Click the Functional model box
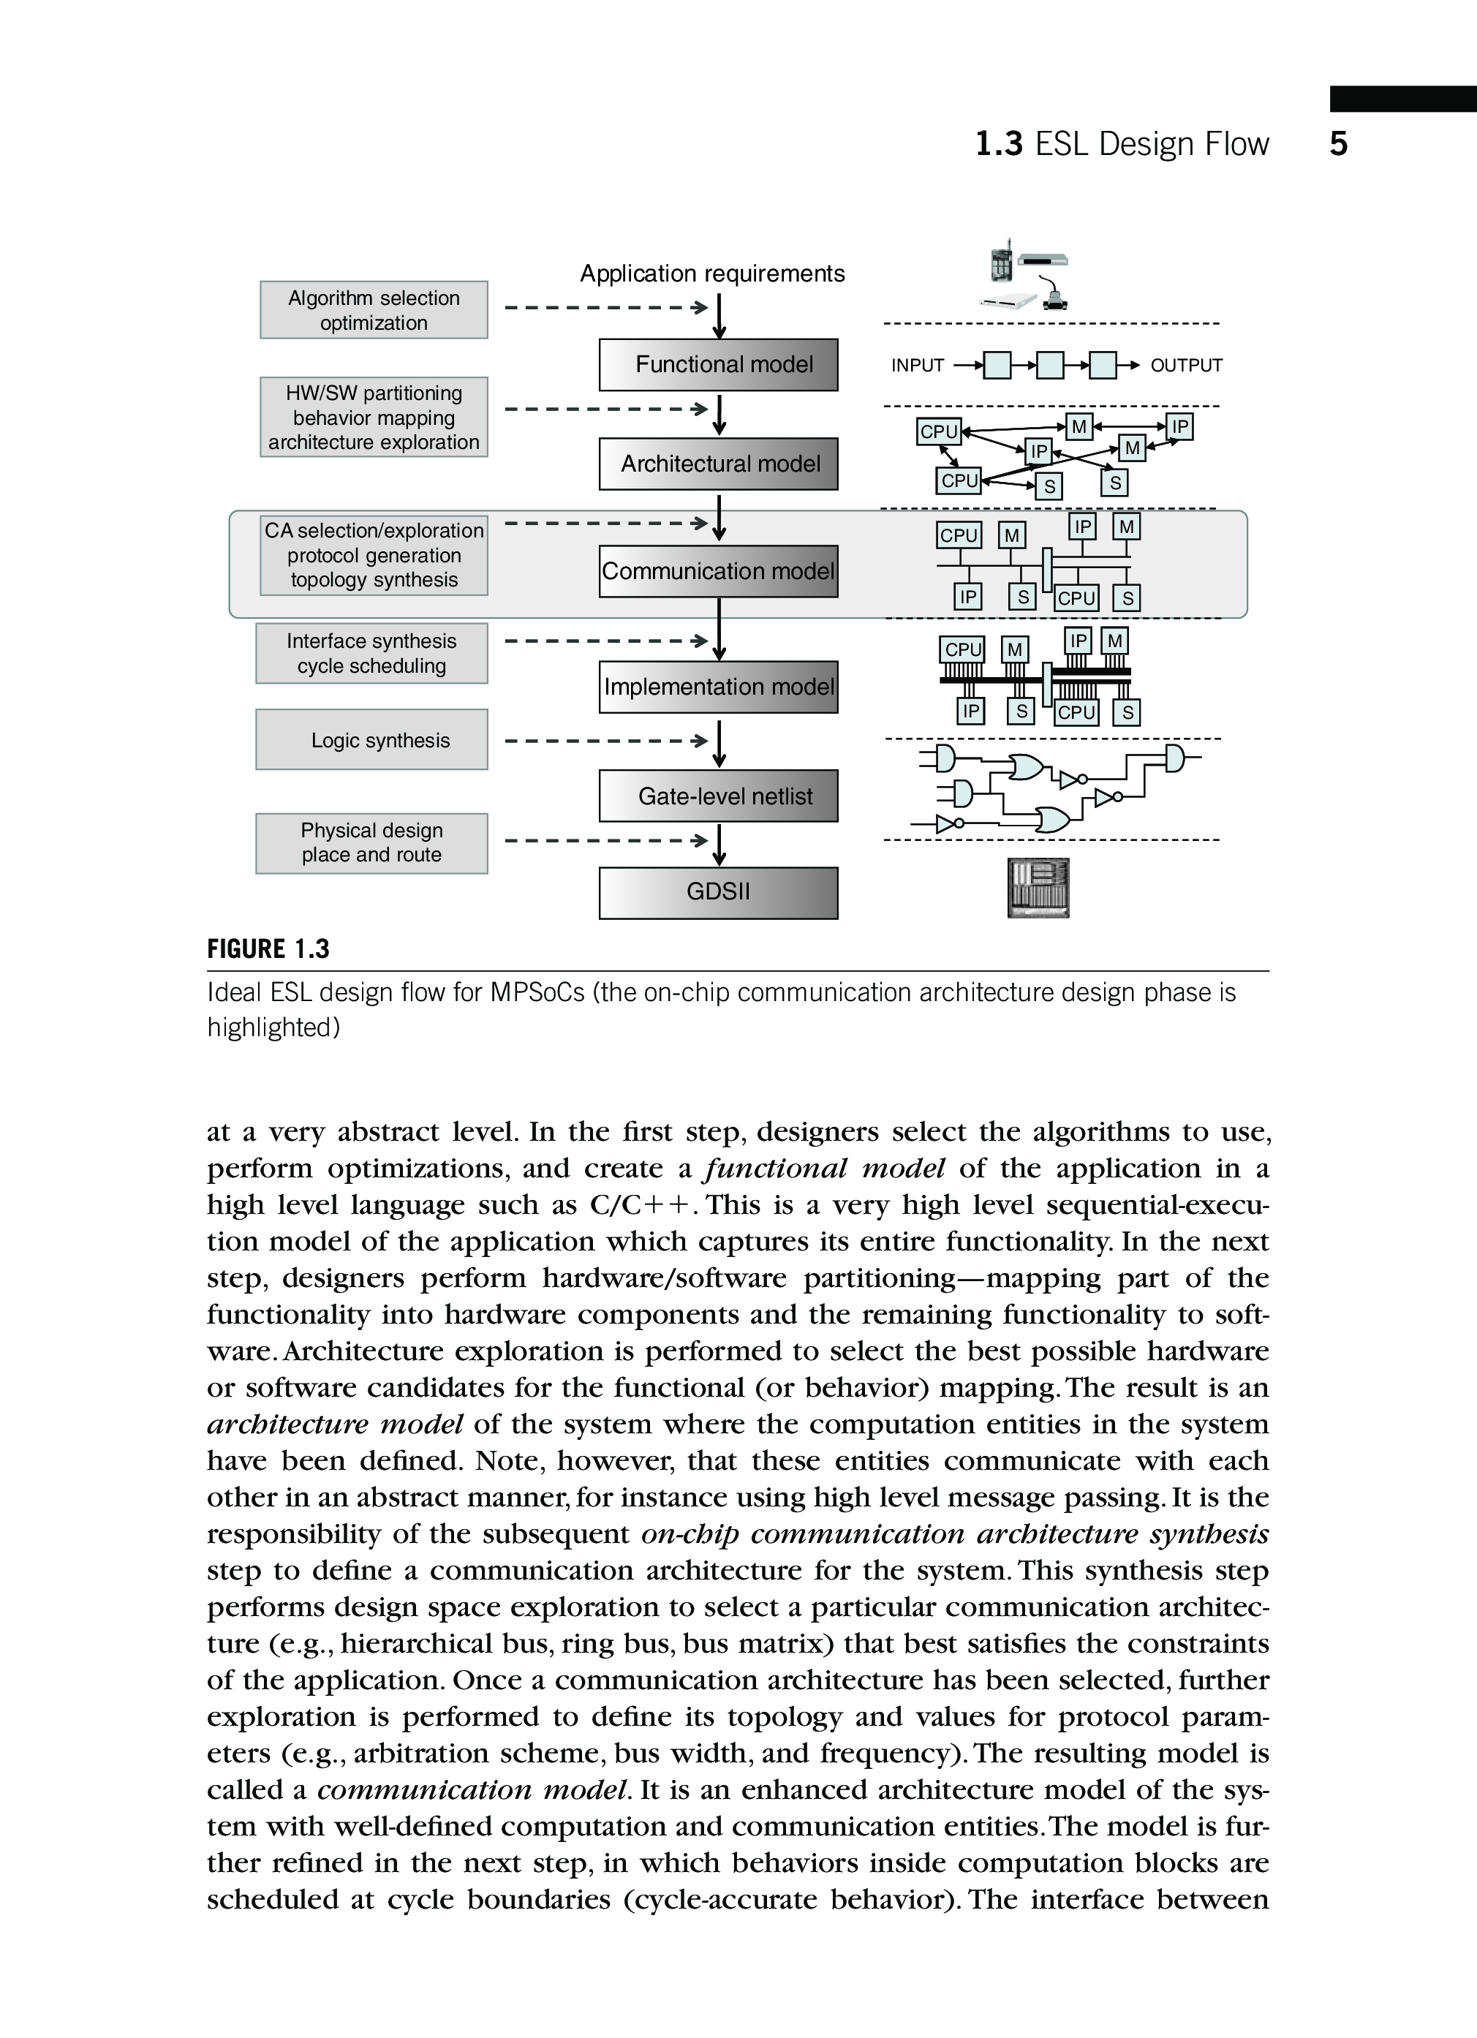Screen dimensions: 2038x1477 coord(718,365)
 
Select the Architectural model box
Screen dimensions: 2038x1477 coord(718,464)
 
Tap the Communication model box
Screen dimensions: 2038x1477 coord(718,572)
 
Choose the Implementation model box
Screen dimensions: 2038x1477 coord(718,687)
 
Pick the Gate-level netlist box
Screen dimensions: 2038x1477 coord(718,796)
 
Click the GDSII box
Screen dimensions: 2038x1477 coord(718,892)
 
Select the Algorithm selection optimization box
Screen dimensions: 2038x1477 coord(374,310)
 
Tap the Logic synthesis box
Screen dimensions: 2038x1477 coord(372,739)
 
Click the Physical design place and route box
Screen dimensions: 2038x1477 coord(372,843)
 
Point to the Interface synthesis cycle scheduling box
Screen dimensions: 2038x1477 coord(372,653)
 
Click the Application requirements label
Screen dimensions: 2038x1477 coord(711,273)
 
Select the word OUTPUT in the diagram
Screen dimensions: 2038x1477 coord(1186,366)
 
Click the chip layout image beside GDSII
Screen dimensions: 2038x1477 coord(1038,888)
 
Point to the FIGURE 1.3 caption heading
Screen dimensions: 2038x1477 coord(268,949)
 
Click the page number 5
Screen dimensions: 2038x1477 coord(1338,144)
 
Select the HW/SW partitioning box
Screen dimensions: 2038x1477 coord(374,417)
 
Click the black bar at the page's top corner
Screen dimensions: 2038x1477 coord(1402,99)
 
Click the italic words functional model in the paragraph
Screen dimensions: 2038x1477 coord(825,1168)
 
